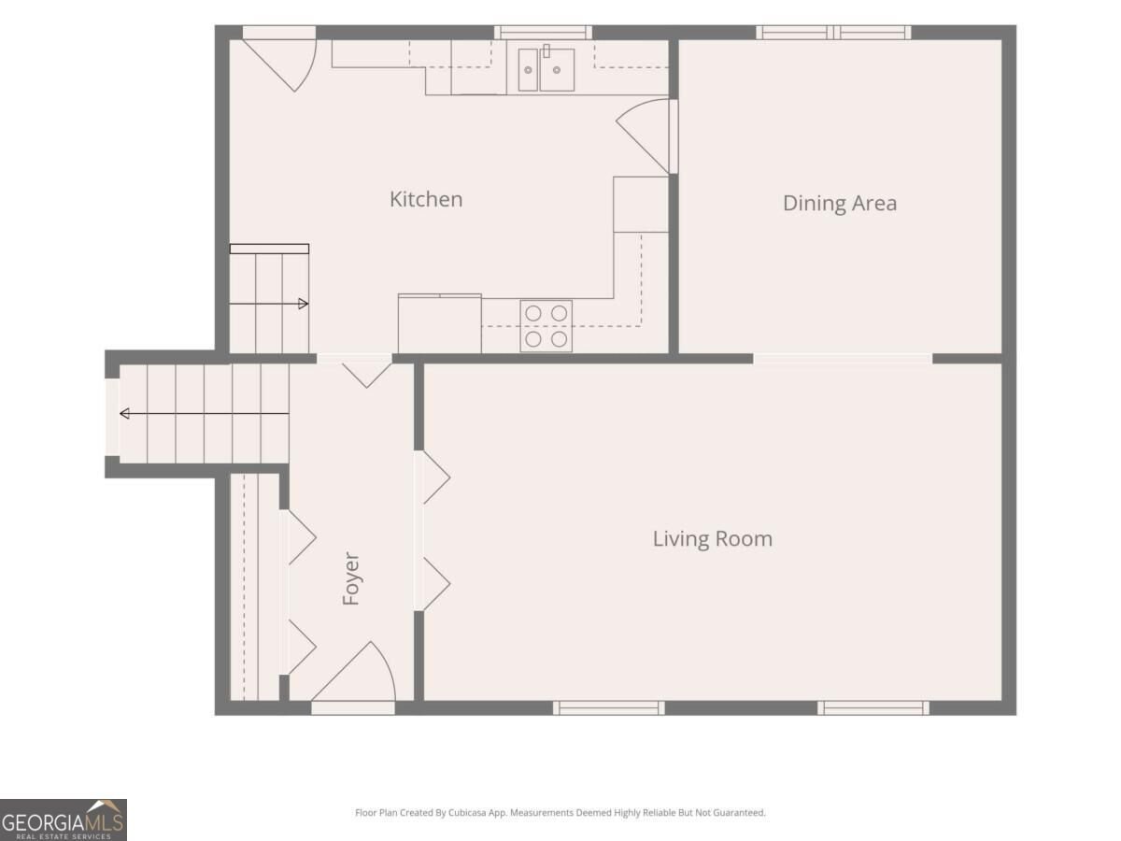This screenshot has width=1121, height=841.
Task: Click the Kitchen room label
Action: coord(426,199)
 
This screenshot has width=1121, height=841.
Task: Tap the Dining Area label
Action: coord(840,203)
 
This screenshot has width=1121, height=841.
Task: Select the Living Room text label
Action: coord(713,539)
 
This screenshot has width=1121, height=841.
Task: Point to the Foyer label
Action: coord(351,578)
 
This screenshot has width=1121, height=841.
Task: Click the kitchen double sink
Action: coord(546,69)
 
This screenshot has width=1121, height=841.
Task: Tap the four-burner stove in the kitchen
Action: coord(546,326)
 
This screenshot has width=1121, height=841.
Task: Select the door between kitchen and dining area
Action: coord(645,136)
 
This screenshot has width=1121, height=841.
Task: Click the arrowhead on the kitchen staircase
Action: coord(304,305)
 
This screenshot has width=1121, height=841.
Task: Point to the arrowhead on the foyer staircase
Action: coord(124,414)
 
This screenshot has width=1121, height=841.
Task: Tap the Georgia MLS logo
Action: coord(64,820)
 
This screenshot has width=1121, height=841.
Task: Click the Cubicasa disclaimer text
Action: coord(560,812)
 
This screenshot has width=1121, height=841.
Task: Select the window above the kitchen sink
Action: coord(543,33)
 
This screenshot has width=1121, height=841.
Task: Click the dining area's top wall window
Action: coord(833,33)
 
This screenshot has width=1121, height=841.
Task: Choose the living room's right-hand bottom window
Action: coord(873,707)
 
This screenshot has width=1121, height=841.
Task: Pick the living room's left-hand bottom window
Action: coord(609,707)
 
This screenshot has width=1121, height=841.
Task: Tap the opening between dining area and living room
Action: coord(843,359)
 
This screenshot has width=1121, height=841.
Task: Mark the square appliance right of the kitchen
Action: coord(641,205)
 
